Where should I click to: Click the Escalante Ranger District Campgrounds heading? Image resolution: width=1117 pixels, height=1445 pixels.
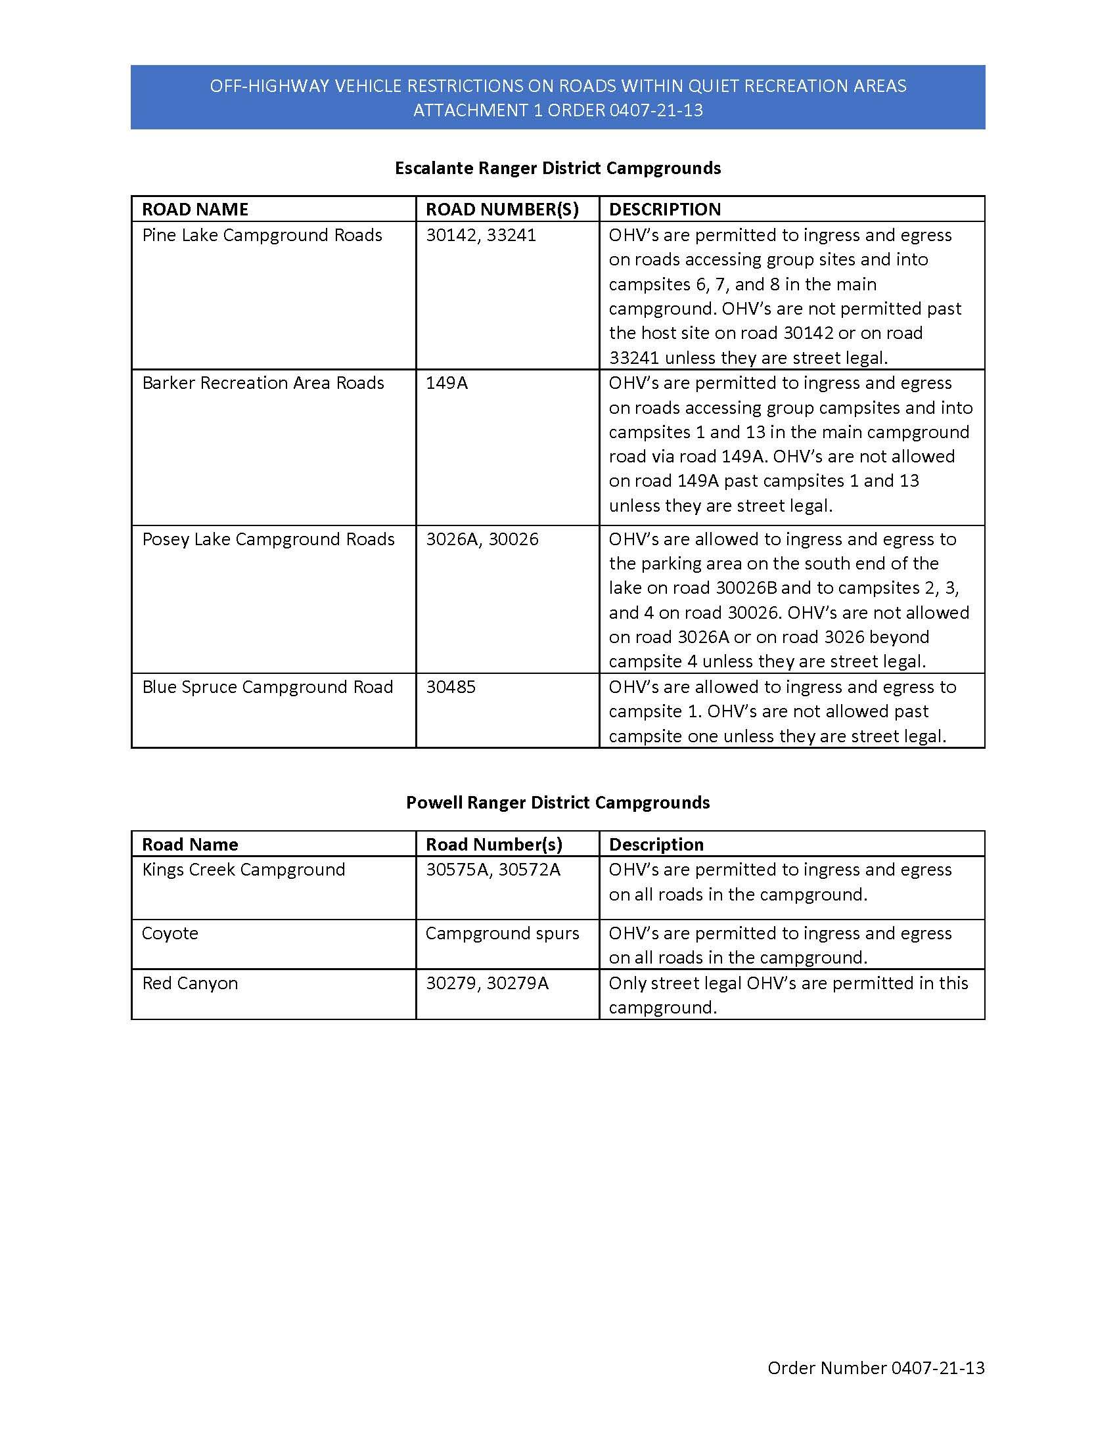tap(557, 168)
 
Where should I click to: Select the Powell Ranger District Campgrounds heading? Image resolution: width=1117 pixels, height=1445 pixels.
tap(557, 803)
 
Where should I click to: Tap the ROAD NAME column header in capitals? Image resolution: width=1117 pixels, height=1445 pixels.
tap(194, 209)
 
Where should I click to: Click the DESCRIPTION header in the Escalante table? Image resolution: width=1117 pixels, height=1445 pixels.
tap(664, 209)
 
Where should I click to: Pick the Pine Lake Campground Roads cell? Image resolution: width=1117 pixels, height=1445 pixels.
tap(262, 236)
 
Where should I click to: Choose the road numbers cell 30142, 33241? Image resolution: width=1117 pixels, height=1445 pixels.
tap(480, 236)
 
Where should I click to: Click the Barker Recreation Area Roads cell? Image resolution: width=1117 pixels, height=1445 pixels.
tap(263, 383)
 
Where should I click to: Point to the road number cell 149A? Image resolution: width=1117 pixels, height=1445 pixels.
tap(447, 383)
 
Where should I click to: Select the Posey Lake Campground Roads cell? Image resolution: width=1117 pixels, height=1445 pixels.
tap(268, 539)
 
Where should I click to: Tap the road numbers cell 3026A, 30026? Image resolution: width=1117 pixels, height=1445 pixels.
tap(482, 539)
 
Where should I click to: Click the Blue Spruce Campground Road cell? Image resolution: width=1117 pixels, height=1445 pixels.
tap(267, 687)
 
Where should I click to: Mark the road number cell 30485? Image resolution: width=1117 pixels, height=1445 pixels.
tap(451, 687)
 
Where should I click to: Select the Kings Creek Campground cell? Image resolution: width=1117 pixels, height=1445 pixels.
tap(244, 870)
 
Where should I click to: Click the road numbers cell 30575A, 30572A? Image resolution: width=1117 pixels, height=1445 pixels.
tap(493, 870)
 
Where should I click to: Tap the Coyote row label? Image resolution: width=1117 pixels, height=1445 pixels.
tap(170, 933)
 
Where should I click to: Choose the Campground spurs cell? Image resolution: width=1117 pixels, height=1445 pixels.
tap(502, 933)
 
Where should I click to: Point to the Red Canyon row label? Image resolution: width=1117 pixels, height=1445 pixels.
tap(190, 983)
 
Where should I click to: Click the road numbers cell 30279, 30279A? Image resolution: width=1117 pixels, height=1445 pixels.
tap(487, 983)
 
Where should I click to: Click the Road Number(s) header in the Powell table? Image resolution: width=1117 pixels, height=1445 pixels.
tap(493, 844)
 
